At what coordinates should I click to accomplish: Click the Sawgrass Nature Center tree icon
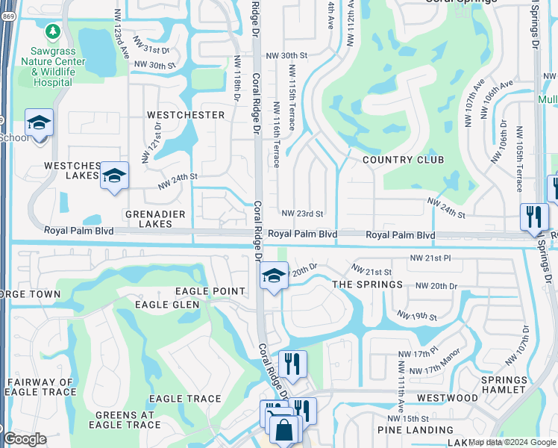[53, 31]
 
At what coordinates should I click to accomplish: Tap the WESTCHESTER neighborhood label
[186, 115]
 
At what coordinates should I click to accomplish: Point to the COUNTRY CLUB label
[403, 160]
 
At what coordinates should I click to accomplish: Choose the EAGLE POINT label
[210, 291]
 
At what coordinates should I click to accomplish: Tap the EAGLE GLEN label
[167, 305]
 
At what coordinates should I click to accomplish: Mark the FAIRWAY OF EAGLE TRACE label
[40, 388]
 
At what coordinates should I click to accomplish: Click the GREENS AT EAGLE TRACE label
[125, 420]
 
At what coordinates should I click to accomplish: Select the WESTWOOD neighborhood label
[448, 398]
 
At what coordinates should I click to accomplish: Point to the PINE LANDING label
[416, 430]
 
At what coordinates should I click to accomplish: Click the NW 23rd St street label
[301, 214]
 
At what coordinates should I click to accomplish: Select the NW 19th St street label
[417, 317]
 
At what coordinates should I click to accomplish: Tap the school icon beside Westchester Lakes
[114, 175]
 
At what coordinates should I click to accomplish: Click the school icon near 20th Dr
[274, 276]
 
